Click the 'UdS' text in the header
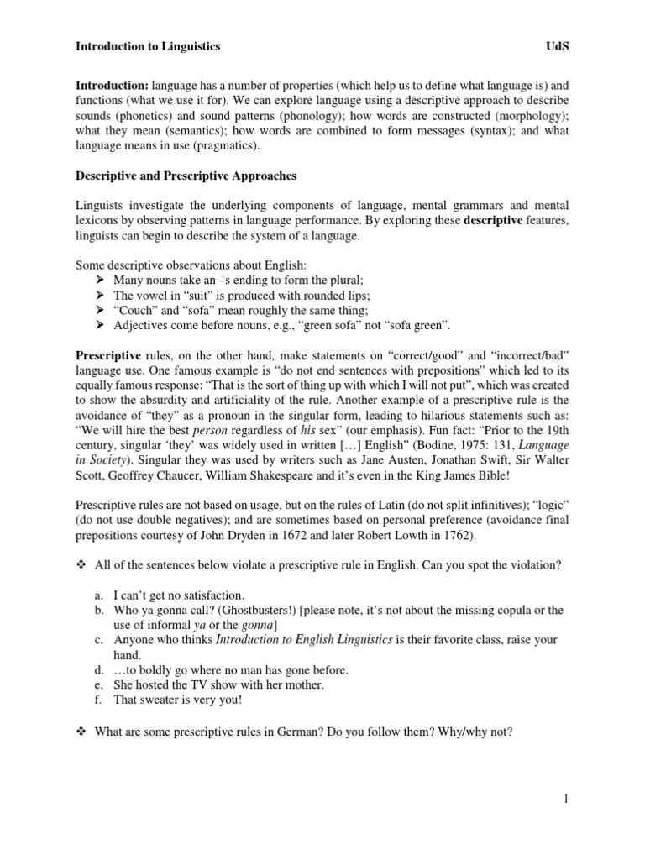[556, 47]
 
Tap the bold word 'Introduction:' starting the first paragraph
[113, 86]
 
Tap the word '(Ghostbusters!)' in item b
[246, 610]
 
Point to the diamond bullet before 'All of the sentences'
[81, 565]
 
